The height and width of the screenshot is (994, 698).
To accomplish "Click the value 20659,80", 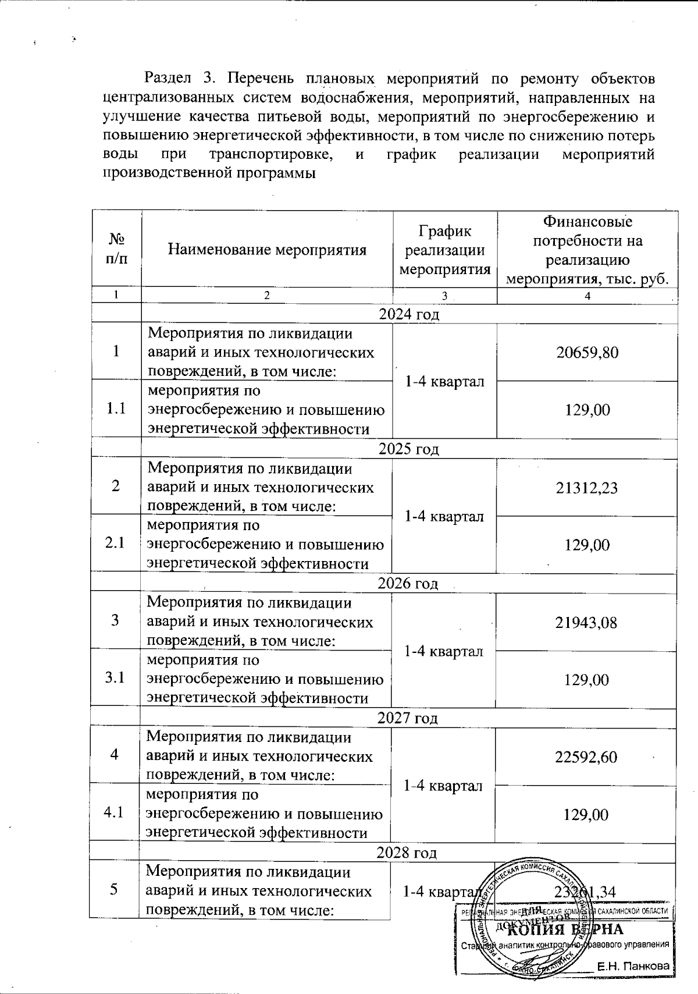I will pyautogui.click(x=587, y=352).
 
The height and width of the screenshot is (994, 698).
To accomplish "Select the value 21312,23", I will pyautogui.click(x=586, y=487).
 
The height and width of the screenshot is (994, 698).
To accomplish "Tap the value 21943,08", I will pyautogui.click(x=586, y=622).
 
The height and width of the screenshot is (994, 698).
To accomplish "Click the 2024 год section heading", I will pyautogui.click(x=409, y=314).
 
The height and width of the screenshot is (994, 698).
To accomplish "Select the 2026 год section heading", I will pyautogui.click(x=408, y=583).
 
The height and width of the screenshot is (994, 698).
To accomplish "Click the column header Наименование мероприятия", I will pyautogui.click(x=267, y=250).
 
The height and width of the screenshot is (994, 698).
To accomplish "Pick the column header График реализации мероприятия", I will pyautogui.click(x=445, y=250).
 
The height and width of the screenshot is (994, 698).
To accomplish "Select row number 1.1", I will pyautogui.click(x=116, y=409).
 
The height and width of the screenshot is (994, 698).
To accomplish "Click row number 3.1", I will pyautogui.click(x=115, y=678).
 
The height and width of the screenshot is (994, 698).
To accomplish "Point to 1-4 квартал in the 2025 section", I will pyautogui.click(x=444, y=516).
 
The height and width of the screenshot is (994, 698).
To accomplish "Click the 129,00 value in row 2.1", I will pyautogui.click(x=586, y=545).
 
